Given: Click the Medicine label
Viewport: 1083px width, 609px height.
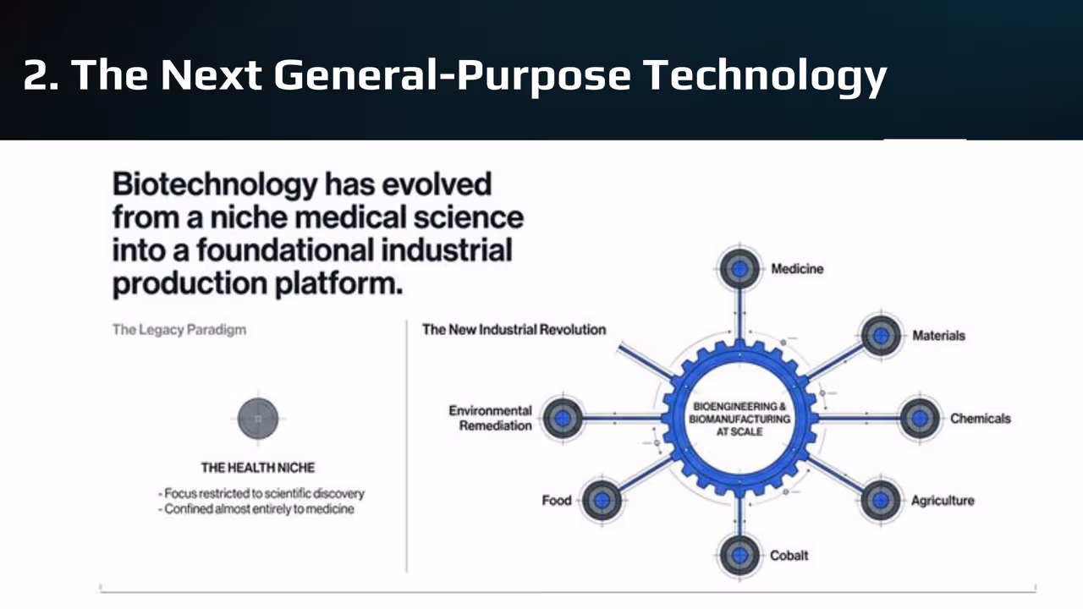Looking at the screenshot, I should [x=796, y=269].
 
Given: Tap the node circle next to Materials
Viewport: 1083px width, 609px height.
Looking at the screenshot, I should [x=881, y=335].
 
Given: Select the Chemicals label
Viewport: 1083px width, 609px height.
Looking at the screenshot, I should [x=980, y=418].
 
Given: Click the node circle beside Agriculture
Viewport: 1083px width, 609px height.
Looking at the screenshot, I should [x=881, y=500].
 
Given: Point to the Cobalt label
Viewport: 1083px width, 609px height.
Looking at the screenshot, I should [x=789, y=556].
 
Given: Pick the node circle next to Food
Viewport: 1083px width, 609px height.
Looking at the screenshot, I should [x=602, y=500].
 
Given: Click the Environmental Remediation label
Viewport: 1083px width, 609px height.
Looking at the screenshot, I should [x=491, y=418].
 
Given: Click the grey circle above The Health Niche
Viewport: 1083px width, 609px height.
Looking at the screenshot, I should [x=258, y=419].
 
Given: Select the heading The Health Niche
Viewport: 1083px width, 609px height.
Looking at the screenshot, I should [x=257, y=467].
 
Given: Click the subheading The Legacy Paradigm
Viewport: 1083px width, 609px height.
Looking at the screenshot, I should [x=179, y=329].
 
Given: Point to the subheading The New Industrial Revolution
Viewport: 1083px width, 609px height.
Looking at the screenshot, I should [x=514, y=329].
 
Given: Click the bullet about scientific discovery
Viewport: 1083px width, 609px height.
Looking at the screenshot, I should [x=261, y=493].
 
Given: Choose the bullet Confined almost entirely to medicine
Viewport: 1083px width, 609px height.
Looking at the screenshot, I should [x=256, y=509].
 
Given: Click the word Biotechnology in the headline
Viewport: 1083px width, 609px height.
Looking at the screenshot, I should [x=215, y=184].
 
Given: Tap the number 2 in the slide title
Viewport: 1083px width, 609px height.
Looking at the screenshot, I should [x=35, y=74].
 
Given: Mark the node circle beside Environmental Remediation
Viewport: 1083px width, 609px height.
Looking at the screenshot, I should [x=562, y=418].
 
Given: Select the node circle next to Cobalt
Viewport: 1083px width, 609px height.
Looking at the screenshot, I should [x=739, y=555].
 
